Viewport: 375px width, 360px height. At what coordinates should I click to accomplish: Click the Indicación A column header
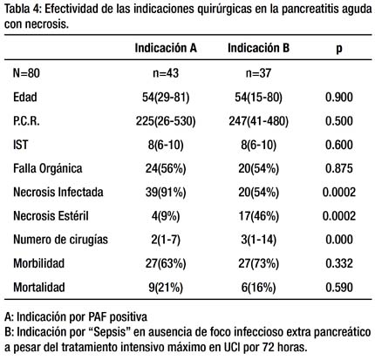[166, 48]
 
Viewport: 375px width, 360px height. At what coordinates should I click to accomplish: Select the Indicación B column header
[258, 48]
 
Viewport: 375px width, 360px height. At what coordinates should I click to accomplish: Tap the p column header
[339, 50]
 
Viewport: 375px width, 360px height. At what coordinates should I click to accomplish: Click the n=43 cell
[166, 73]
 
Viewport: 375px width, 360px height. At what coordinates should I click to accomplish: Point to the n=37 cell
[258, 73]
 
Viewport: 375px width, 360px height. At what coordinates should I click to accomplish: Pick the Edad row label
[25, 97]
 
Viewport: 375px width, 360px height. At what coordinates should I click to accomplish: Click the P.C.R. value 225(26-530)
[166, 121]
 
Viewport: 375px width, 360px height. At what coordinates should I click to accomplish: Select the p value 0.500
[339, 121]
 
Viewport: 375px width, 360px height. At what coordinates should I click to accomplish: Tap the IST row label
[20, 145]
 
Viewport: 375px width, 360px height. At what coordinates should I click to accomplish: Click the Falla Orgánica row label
[48, 168]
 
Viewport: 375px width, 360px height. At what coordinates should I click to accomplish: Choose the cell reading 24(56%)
[166, 168]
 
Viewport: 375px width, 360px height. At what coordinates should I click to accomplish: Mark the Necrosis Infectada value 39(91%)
[166, 193]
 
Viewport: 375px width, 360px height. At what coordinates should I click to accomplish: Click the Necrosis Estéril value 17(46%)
[258, 216]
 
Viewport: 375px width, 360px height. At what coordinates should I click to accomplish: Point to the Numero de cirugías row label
[60, 240]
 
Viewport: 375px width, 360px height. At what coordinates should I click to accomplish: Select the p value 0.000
[339, 240]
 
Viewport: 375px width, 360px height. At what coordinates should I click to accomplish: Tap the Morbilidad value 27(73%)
[258, 263]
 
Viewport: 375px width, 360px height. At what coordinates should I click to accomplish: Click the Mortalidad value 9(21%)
[166, 288]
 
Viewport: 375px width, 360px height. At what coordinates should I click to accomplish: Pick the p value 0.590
[339, 288]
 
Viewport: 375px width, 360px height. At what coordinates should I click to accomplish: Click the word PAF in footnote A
[98, 316]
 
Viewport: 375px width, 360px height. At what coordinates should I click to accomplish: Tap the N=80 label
[26, 73]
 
